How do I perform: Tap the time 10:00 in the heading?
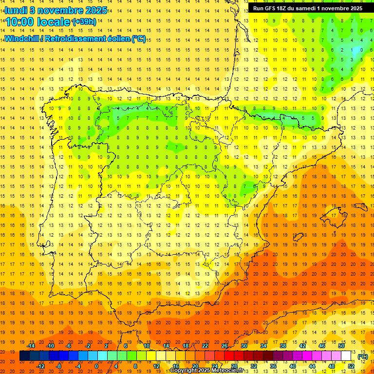tap(20, 22)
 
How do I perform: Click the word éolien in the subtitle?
tap(115, 38)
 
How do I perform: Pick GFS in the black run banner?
tap(272, 8)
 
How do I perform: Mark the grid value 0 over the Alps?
tap(361, 50)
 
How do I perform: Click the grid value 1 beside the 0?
tap(351, 50)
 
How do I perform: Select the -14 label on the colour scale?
tap(31, 346)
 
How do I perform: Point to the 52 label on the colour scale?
tap(351, 366)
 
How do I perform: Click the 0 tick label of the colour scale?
tap(96, 366)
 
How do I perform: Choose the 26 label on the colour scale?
tap(224, 346)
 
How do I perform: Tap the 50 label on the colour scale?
tap(341, 346)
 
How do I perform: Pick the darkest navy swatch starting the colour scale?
tap(24, 356)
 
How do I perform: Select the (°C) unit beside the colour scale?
tap(363, 356)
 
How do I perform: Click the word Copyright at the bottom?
tap(184, 371)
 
